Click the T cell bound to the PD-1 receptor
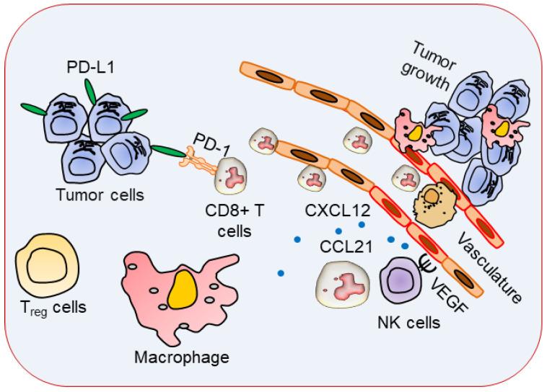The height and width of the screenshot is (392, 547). click(x=233, y=177)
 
